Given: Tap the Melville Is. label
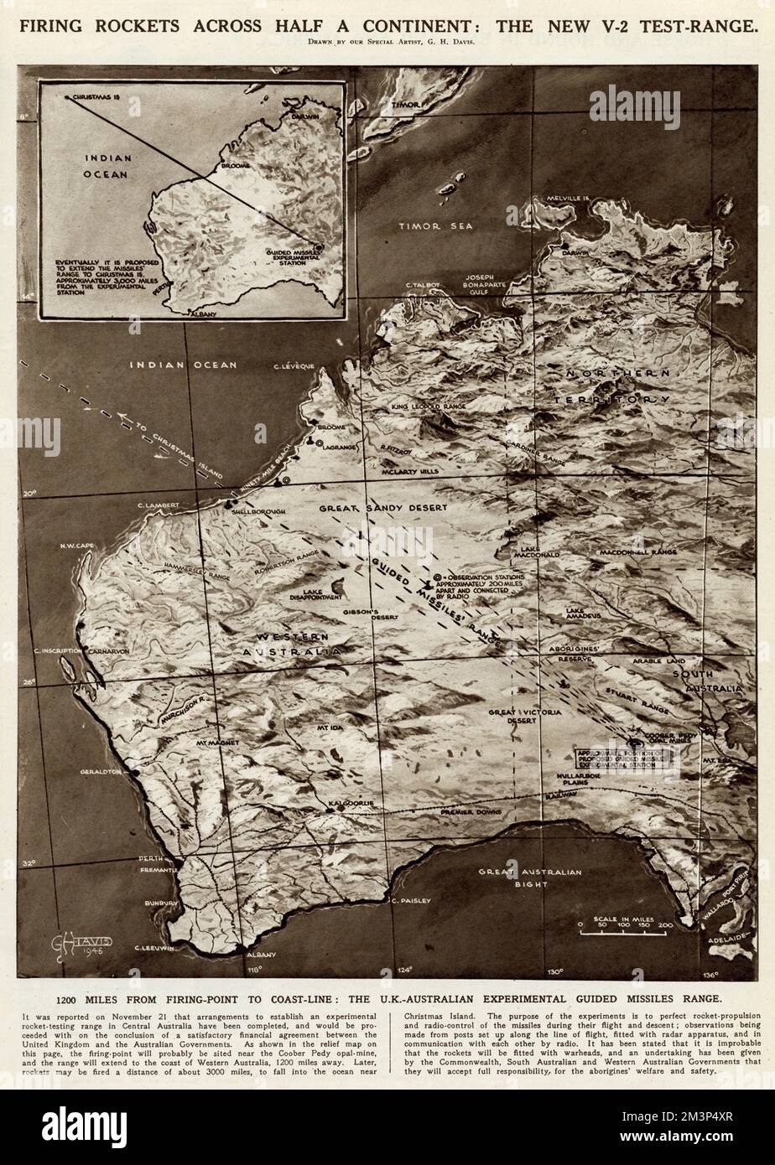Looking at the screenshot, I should [569, 199].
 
